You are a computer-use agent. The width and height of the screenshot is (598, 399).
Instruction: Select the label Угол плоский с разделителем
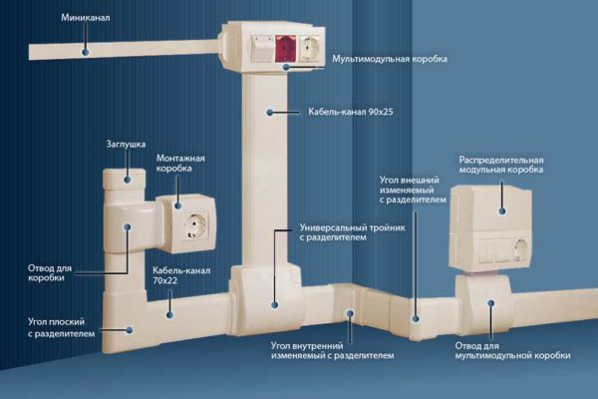(x=61, y=328)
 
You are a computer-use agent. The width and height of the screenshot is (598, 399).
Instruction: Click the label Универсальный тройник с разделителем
(x=345, y=233)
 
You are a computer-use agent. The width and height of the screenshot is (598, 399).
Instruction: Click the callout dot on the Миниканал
(x=86, y=48)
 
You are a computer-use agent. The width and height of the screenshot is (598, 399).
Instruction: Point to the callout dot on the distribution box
(x=501, y=211)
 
